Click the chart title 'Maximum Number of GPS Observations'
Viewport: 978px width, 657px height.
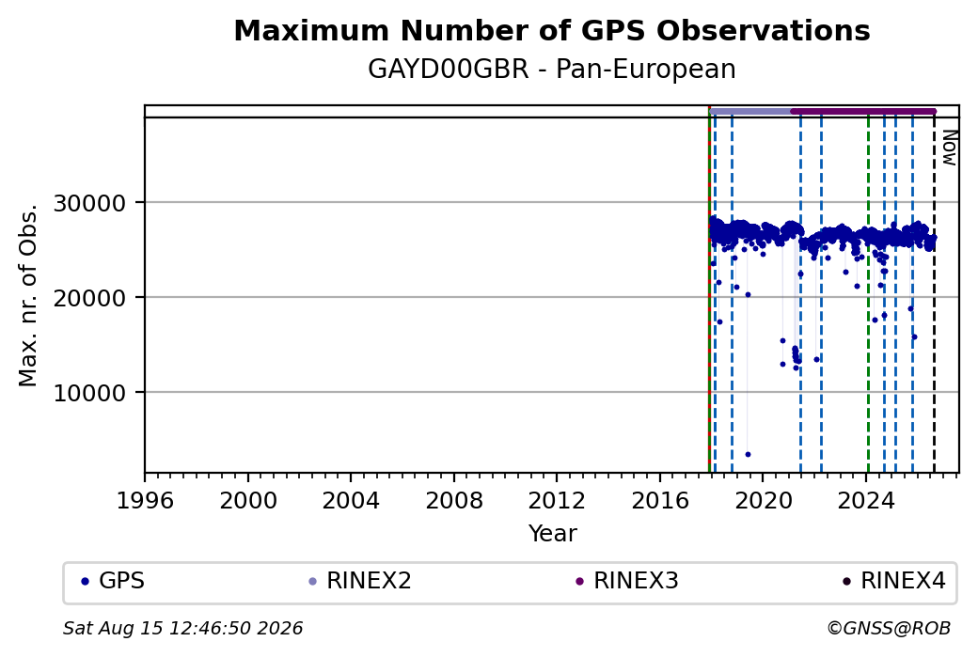click(552, 30)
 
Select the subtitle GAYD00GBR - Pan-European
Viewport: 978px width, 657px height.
click(552, 69)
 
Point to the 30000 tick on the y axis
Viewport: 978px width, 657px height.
click(89, 203)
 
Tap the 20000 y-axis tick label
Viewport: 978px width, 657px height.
click(89, 298)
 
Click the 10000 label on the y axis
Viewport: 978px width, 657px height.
click(89, 393)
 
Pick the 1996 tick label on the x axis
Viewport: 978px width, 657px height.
click(145, 500)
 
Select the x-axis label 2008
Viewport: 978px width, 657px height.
click(454, 500)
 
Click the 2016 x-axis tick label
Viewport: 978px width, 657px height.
click(660, 500)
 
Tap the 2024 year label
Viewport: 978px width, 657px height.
click(866, 500)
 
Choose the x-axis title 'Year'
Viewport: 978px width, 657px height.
click(553, 534)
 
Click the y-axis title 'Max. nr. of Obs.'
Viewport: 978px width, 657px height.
click(27, 295)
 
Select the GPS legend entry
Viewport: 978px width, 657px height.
click(114, 581)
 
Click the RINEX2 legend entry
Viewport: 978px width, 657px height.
click(360, 581)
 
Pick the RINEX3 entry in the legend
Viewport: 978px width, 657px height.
click(627, 581)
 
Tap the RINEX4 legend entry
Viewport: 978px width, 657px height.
click(894, 581)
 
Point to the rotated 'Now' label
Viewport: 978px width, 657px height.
click(949, 148)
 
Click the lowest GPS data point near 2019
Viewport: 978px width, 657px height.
click(748, 454)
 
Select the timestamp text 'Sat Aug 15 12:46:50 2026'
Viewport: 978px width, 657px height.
click(182, 628)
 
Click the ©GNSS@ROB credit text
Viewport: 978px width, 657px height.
click(889, 628)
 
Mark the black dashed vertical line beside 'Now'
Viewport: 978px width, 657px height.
click(934, 295)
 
